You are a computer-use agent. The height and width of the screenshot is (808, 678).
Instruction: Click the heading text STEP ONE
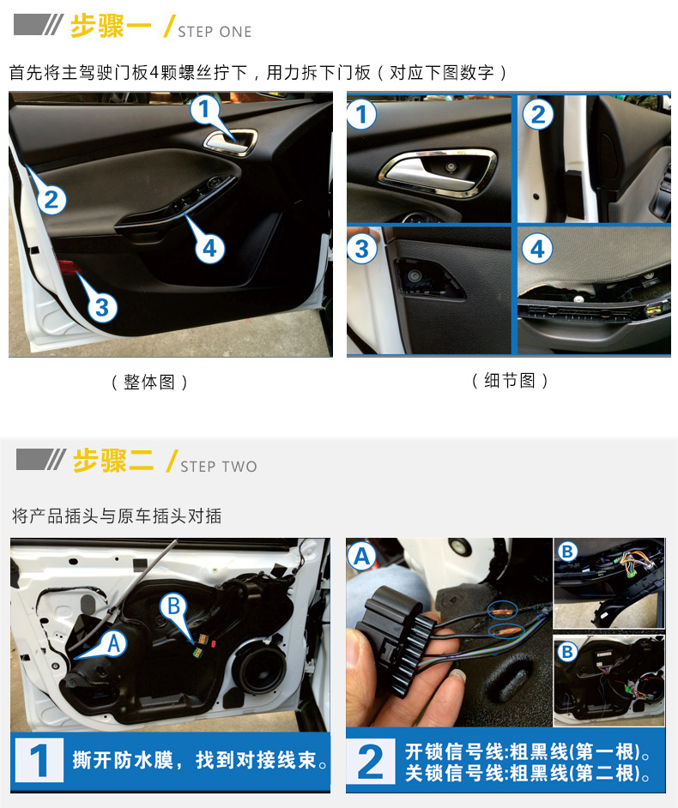(215, 32)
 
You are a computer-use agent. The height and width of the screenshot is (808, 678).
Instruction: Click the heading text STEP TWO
(219, 467)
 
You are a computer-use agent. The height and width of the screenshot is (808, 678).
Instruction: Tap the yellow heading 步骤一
(111, 26)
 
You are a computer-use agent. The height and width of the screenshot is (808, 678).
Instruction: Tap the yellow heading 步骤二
(113, 460)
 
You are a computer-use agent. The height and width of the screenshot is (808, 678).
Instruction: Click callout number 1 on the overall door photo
(204, 110)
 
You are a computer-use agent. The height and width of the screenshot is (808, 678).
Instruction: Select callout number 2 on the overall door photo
(51, 200)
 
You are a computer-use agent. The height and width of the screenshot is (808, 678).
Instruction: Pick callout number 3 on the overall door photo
(102, 308)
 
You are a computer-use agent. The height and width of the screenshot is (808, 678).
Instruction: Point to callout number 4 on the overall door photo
(209, 249)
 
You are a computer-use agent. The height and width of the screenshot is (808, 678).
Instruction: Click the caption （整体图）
(149, 383)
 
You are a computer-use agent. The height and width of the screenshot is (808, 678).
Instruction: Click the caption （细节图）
(510, 381)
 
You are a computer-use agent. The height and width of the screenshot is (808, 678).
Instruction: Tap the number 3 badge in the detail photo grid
(362, 249)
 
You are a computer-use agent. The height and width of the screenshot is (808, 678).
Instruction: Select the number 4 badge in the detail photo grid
(538, 249)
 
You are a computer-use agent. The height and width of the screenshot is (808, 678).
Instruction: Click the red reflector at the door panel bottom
(68, 267)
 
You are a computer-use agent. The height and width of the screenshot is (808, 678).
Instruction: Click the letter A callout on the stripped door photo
(114, 643)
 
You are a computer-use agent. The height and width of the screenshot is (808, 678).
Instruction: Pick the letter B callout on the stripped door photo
(173, 606)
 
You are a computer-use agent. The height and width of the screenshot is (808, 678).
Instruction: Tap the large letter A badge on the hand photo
(362, 557)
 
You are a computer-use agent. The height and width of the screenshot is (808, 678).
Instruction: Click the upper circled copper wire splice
(503, 612)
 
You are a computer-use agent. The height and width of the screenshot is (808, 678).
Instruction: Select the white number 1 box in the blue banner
(39, 761)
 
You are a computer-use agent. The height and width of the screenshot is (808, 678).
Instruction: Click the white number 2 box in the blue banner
(371, 761)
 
